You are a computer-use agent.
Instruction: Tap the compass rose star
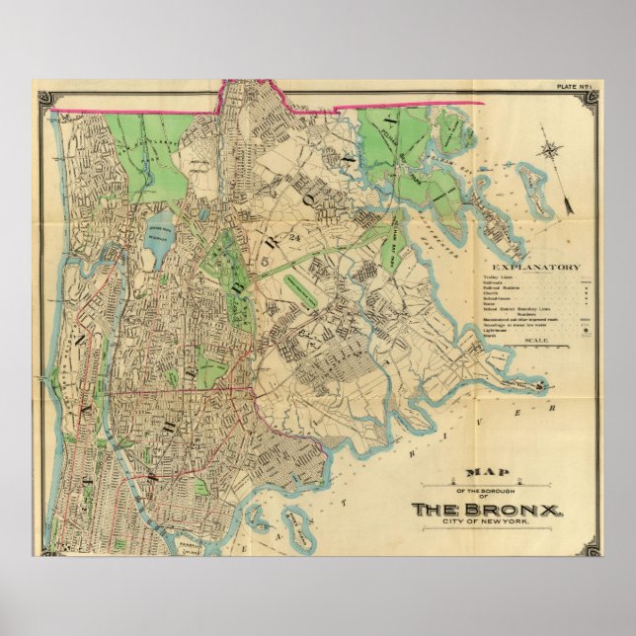(x=549, y=151)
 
